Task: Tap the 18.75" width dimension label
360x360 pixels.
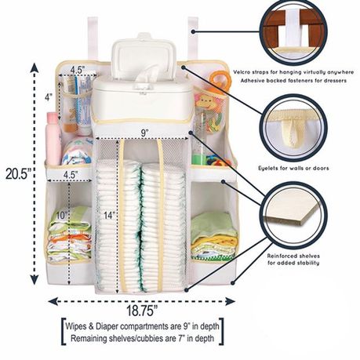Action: (142, 311)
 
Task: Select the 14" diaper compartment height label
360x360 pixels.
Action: (109, 215)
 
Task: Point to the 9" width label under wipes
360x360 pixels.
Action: (144, 133)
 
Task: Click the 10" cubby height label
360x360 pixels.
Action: (61, 215)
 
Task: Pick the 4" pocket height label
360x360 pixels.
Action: (49, 97)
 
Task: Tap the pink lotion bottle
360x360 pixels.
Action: (53, 139)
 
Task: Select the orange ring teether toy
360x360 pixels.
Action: (220, 80)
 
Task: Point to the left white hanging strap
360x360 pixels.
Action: (93, 38)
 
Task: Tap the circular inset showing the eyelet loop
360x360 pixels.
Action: (294, 128)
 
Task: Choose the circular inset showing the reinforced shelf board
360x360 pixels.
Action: (294, 214)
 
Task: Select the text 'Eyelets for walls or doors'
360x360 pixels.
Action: (293, 168)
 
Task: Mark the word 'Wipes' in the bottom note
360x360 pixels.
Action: (76, 326)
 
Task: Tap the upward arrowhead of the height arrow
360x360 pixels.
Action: (35, 68)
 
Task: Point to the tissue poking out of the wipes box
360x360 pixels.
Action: (147, 74)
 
